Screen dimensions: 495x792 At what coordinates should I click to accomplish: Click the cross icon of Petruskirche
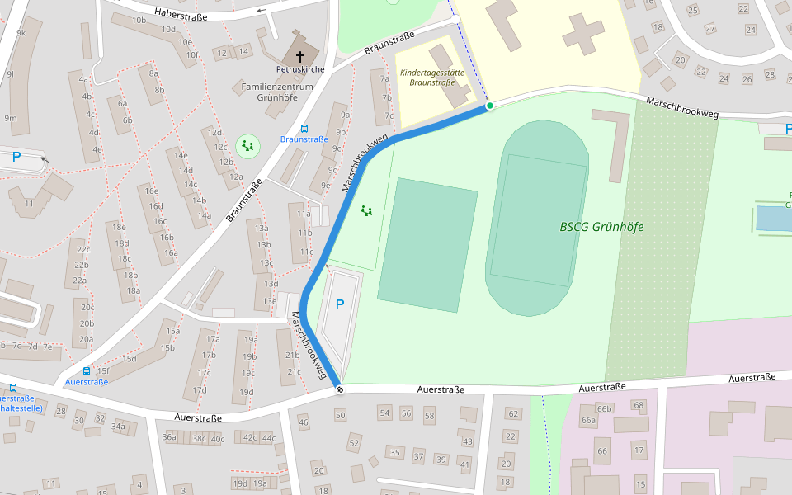click(x=299, y=46)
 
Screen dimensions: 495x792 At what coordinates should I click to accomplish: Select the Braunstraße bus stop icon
click(x=304, y=129)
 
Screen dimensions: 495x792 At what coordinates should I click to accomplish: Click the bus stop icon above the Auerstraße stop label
click(x=87, y=371)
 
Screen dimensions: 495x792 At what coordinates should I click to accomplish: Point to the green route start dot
click(x=489, y=106)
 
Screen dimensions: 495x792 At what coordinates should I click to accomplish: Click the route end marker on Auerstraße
click(x=339, y=389)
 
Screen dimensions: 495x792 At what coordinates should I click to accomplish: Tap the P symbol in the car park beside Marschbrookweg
click(x=339, y=304)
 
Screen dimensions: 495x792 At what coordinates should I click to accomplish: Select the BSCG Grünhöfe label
click(x=601, y=227)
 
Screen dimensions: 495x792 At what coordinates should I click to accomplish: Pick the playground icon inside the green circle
click(x=247, y=147)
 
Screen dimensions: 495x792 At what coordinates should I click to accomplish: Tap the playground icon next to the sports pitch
click(x=366, y=211)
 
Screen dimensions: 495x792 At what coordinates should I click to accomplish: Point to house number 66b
click(x=605, y=408)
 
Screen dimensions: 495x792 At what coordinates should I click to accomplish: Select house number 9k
click(x=21, y=33)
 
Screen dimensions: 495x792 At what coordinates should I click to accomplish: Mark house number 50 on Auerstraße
click(x=340, y=414)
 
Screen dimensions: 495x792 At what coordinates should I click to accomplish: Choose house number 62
click(x=512, y=414)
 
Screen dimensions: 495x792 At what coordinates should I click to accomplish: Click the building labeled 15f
click(x=102, y=370)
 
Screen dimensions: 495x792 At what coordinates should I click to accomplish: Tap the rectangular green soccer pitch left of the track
click(x=428, y=245)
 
